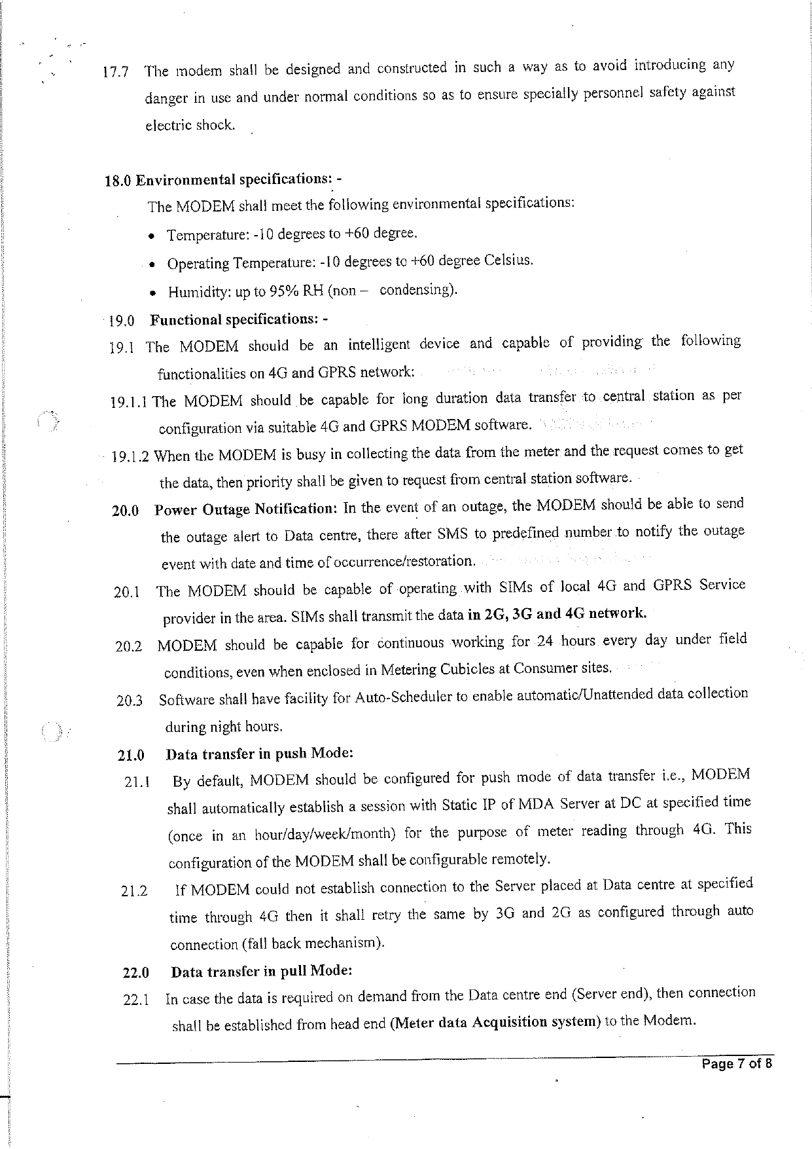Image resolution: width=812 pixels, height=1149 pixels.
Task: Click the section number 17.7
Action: pos(115,72)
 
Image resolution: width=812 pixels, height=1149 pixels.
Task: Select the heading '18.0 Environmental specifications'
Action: pos(223,179)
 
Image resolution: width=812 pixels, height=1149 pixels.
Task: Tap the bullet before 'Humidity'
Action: pos(151,293)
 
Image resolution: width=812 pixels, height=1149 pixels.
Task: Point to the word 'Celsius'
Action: pos(508,260)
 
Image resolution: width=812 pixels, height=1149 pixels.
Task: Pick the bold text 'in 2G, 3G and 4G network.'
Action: pos(558,614)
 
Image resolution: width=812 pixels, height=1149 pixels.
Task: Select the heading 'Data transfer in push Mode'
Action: pos(260,753)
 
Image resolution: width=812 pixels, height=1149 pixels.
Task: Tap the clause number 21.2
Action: pos(134,891)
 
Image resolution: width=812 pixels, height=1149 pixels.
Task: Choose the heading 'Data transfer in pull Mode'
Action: pos(262,970)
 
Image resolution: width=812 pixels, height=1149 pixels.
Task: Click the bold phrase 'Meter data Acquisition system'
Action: pos(495,1022)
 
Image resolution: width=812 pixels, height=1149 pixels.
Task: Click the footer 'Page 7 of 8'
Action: pos(737,1064)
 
